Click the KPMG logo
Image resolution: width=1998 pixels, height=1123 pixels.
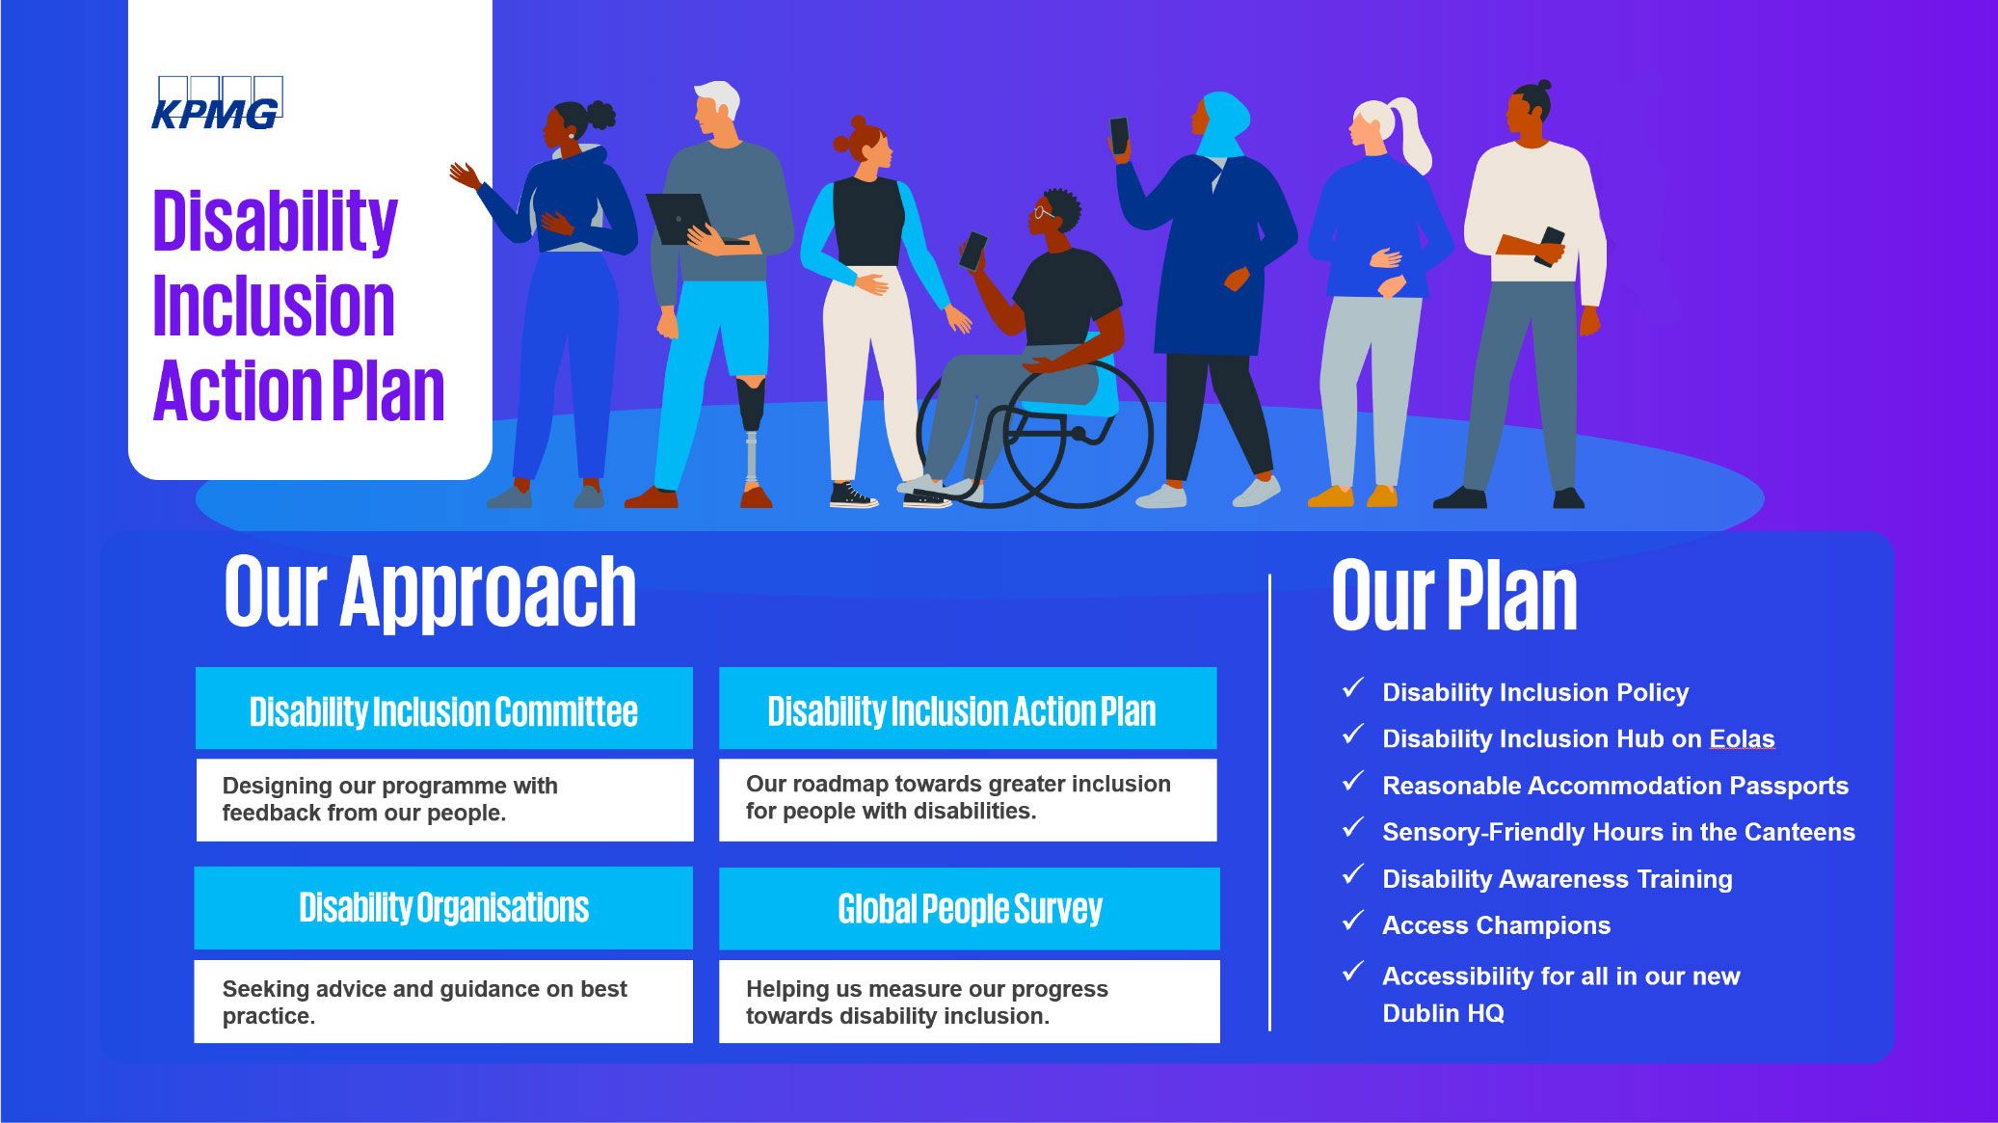(x=217, y=102)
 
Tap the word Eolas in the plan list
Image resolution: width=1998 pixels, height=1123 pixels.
(x=1742, y=738)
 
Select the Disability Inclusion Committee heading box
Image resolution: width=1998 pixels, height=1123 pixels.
(x=443, y=708)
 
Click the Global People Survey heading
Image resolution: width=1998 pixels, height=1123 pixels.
(x=970, y=908)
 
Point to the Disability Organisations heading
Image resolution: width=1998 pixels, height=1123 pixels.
(x=443, y=907)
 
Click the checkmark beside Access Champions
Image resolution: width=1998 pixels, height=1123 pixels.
(x=1353, y=921)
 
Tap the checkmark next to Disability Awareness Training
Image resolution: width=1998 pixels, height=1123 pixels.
(x=1353, y=874)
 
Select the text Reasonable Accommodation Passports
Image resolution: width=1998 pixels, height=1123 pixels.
(x=1615, y=786)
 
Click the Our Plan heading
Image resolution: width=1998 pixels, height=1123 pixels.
(x=1454, y=595)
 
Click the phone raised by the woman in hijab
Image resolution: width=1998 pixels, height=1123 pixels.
(x=1119, y=136)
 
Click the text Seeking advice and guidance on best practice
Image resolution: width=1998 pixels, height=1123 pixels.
(x=424, y=1002)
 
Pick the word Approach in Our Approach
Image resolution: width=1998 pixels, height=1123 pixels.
(x=488, y=593)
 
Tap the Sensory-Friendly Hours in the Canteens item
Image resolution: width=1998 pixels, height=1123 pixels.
(x=1618, y=832)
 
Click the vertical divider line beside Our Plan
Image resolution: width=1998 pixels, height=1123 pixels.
(x=1270, y=802)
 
